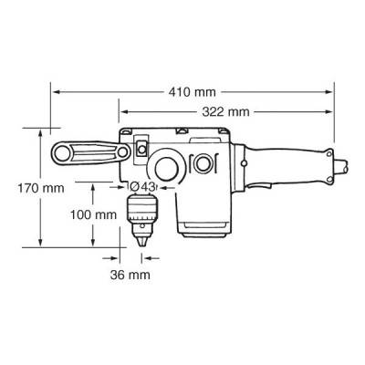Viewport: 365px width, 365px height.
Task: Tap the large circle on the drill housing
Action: [x=167, y=168]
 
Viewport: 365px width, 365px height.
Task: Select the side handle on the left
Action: [x=87, y=152]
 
